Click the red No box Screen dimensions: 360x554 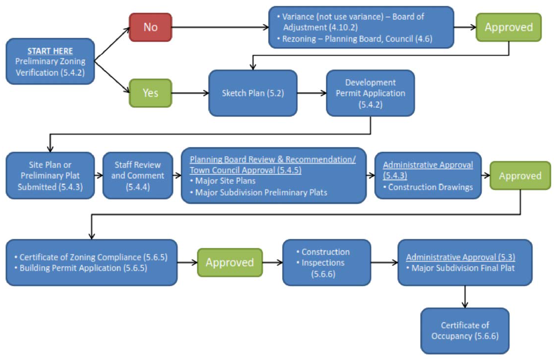coord(150,27)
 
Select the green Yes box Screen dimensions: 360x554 coord(150,93)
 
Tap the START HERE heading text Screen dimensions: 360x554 coord(50,51)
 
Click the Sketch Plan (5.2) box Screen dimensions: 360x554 coord(253,93)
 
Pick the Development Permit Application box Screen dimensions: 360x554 coord(370,93)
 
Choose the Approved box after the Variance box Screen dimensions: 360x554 coord(508,27)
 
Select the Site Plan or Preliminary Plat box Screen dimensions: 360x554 coord(50,175)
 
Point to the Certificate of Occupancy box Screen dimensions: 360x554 coord(465,331)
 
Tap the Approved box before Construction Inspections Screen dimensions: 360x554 coord(230,262)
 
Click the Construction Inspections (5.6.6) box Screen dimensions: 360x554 coord(326,262)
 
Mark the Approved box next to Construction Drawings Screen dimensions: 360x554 coord(520,176)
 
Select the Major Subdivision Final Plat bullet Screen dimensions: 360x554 coord(463,268)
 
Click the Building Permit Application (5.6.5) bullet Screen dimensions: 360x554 coord(84,268)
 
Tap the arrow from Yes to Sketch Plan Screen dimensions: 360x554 coord(190,93)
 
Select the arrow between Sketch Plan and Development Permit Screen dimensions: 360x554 coord(311,93)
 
